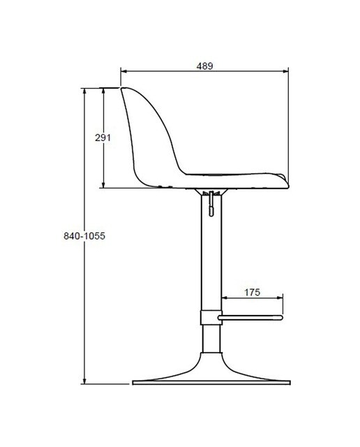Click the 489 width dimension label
tap(204, 66)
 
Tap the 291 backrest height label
tap(103, 138)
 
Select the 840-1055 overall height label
tap(84, 236)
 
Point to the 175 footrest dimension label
tap(253, 292)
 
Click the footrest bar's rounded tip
tap(281, 318)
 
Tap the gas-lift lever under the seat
tap(211, 203)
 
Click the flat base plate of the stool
tap(211, 383)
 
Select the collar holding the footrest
tap(211, 317)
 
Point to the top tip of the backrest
tap(123, 89)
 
